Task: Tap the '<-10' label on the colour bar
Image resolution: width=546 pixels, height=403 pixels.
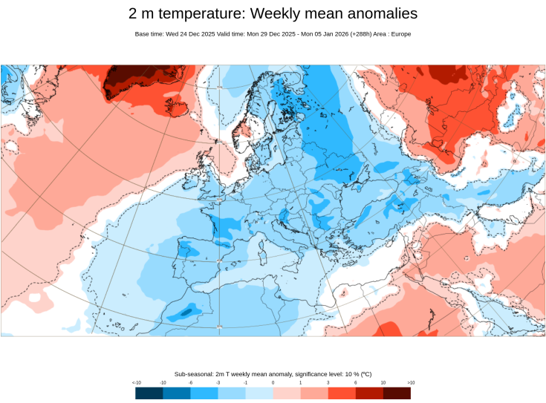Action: click(137, 382)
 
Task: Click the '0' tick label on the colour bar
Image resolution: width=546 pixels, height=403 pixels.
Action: click(273, 382)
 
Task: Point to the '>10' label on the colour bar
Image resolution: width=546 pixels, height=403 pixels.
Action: click(410, 382)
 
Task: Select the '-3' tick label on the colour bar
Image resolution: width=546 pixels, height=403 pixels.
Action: click(218, 382)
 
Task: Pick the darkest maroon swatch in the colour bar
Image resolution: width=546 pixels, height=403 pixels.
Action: click(397, 393)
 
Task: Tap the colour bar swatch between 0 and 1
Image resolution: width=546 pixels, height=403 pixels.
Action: click(287, 393)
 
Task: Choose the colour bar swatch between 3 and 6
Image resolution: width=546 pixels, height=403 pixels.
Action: click(342, 393)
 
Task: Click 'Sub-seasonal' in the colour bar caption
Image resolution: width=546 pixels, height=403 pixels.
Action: click(195, 373)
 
